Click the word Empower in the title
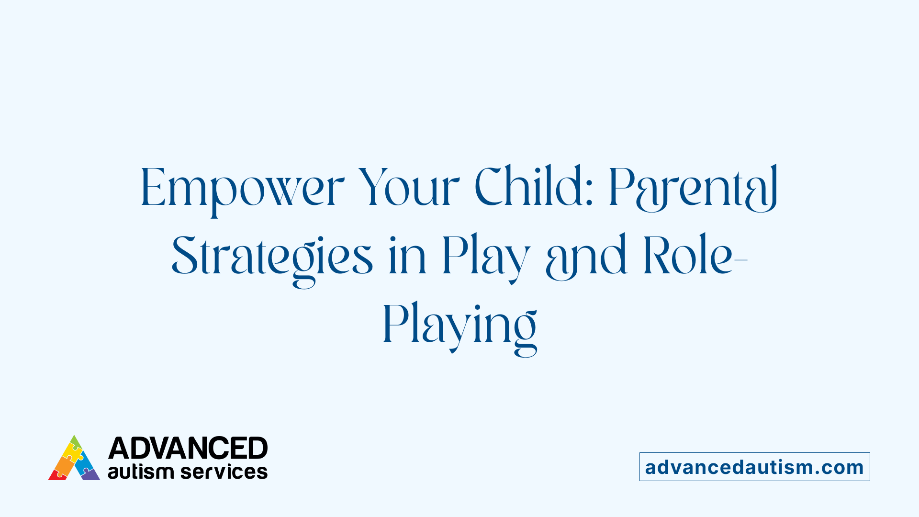[x=242, y=188]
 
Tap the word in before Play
[x=407, y=258]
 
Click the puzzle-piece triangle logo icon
[x=74, y=460]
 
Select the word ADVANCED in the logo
[x=188, y=448]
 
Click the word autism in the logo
[x=141, y=472]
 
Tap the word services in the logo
[x=224, y=472]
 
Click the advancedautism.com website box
[x=754, y=467]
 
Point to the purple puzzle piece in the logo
[x=90, y=474]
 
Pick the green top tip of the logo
[x=75, y=441]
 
